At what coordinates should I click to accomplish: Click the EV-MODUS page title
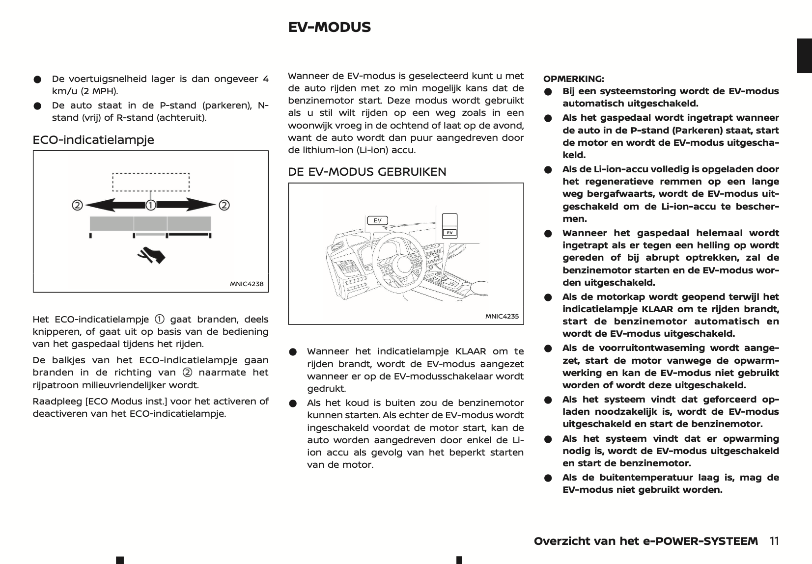click(x=329, y=27)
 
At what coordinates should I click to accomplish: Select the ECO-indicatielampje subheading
click(x=93, y=140)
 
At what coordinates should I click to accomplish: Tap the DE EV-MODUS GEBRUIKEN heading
click(x=367, y=172)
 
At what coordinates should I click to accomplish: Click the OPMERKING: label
click(x=573, y=79)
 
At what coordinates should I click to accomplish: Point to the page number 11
click(x=774, y=541)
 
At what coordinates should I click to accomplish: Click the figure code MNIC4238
click(x=247, y=284)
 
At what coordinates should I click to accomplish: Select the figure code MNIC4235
click(x=502, y=316)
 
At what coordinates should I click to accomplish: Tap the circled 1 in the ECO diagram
click(x=151, y=205)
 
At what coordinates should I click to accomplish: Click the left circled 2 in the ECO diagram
click(x=77, y=205)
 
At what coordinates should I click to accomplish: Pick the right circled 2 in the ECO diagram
click(x=224, y=205)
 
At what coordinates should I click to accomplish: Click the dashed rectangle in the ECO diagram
click(x=151, y=182)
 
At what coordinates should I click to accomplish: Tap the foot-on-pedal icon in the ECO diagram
click(x=152, y=255)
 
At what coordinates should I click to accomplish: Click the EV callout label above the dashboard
click(x=377, y=220)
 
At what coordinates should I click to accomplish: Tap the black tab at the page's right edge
click(x=804, y=55)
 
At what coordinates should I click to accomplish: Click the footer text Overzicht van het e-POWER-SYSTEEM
click(x=645, y=541)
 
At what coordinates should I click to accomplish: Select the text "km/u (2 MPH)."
click(x=85, y=91)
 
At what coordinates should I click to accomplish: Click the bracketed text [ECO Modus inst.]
click(x=125, y=401)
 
